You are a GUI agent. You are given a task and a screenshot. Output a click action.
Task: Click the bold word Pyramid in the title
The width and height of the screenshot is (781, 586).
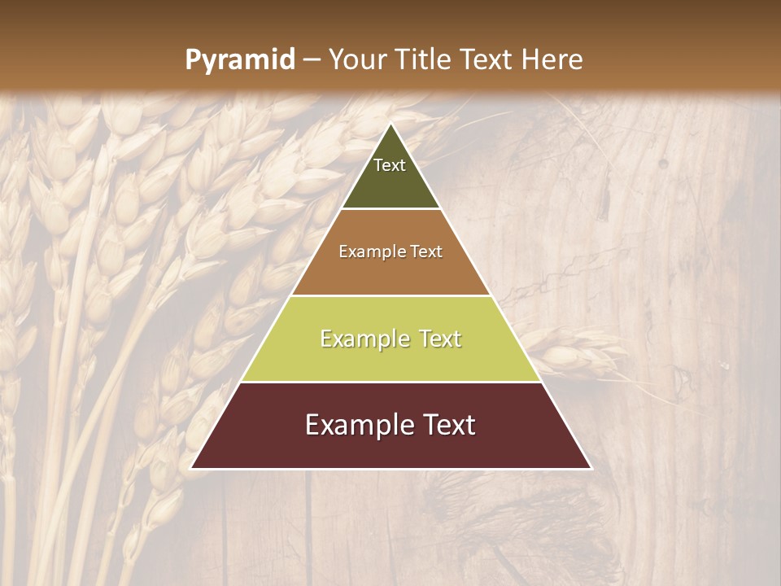click(x=239, y=60)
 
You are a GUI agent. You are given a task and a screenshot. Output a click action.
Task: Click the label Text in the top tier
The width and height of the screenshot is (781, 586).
click(x=390, y=165)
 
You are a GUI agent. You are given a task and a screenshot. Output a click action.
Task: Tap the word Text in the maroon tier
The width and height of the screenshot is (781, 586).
click(x=448, y=425)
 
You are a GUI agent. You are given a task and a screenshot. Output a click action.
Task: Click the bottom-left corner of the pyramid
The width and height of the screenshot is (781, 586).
click(x=192, y=468)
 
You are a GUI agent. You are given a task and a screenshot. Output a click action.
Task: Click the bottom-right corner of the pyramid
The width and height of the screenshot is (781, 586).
click(x=591, y=468)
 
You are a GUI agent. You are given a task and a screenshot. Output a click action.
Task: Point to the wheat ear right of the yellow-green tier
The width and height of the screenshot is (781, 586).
click(x=578, y=354)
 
